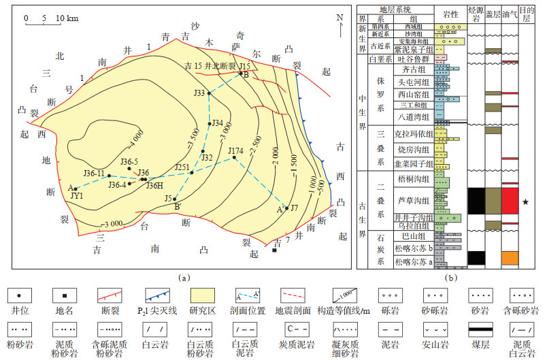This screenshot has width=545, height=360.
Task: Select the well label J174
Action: [235, 150]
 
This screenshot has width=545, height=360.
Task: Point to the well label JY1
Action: [78, 195]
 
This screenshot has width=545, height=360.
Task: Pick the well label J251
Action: [182, 167]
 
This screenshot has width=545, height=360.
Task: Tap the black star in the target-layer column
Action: [525, 201]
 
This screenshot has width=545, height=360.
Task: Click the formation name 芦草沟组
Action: [411, 200]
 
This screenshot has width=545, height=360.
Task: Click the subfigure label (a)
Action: [182, 277]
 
